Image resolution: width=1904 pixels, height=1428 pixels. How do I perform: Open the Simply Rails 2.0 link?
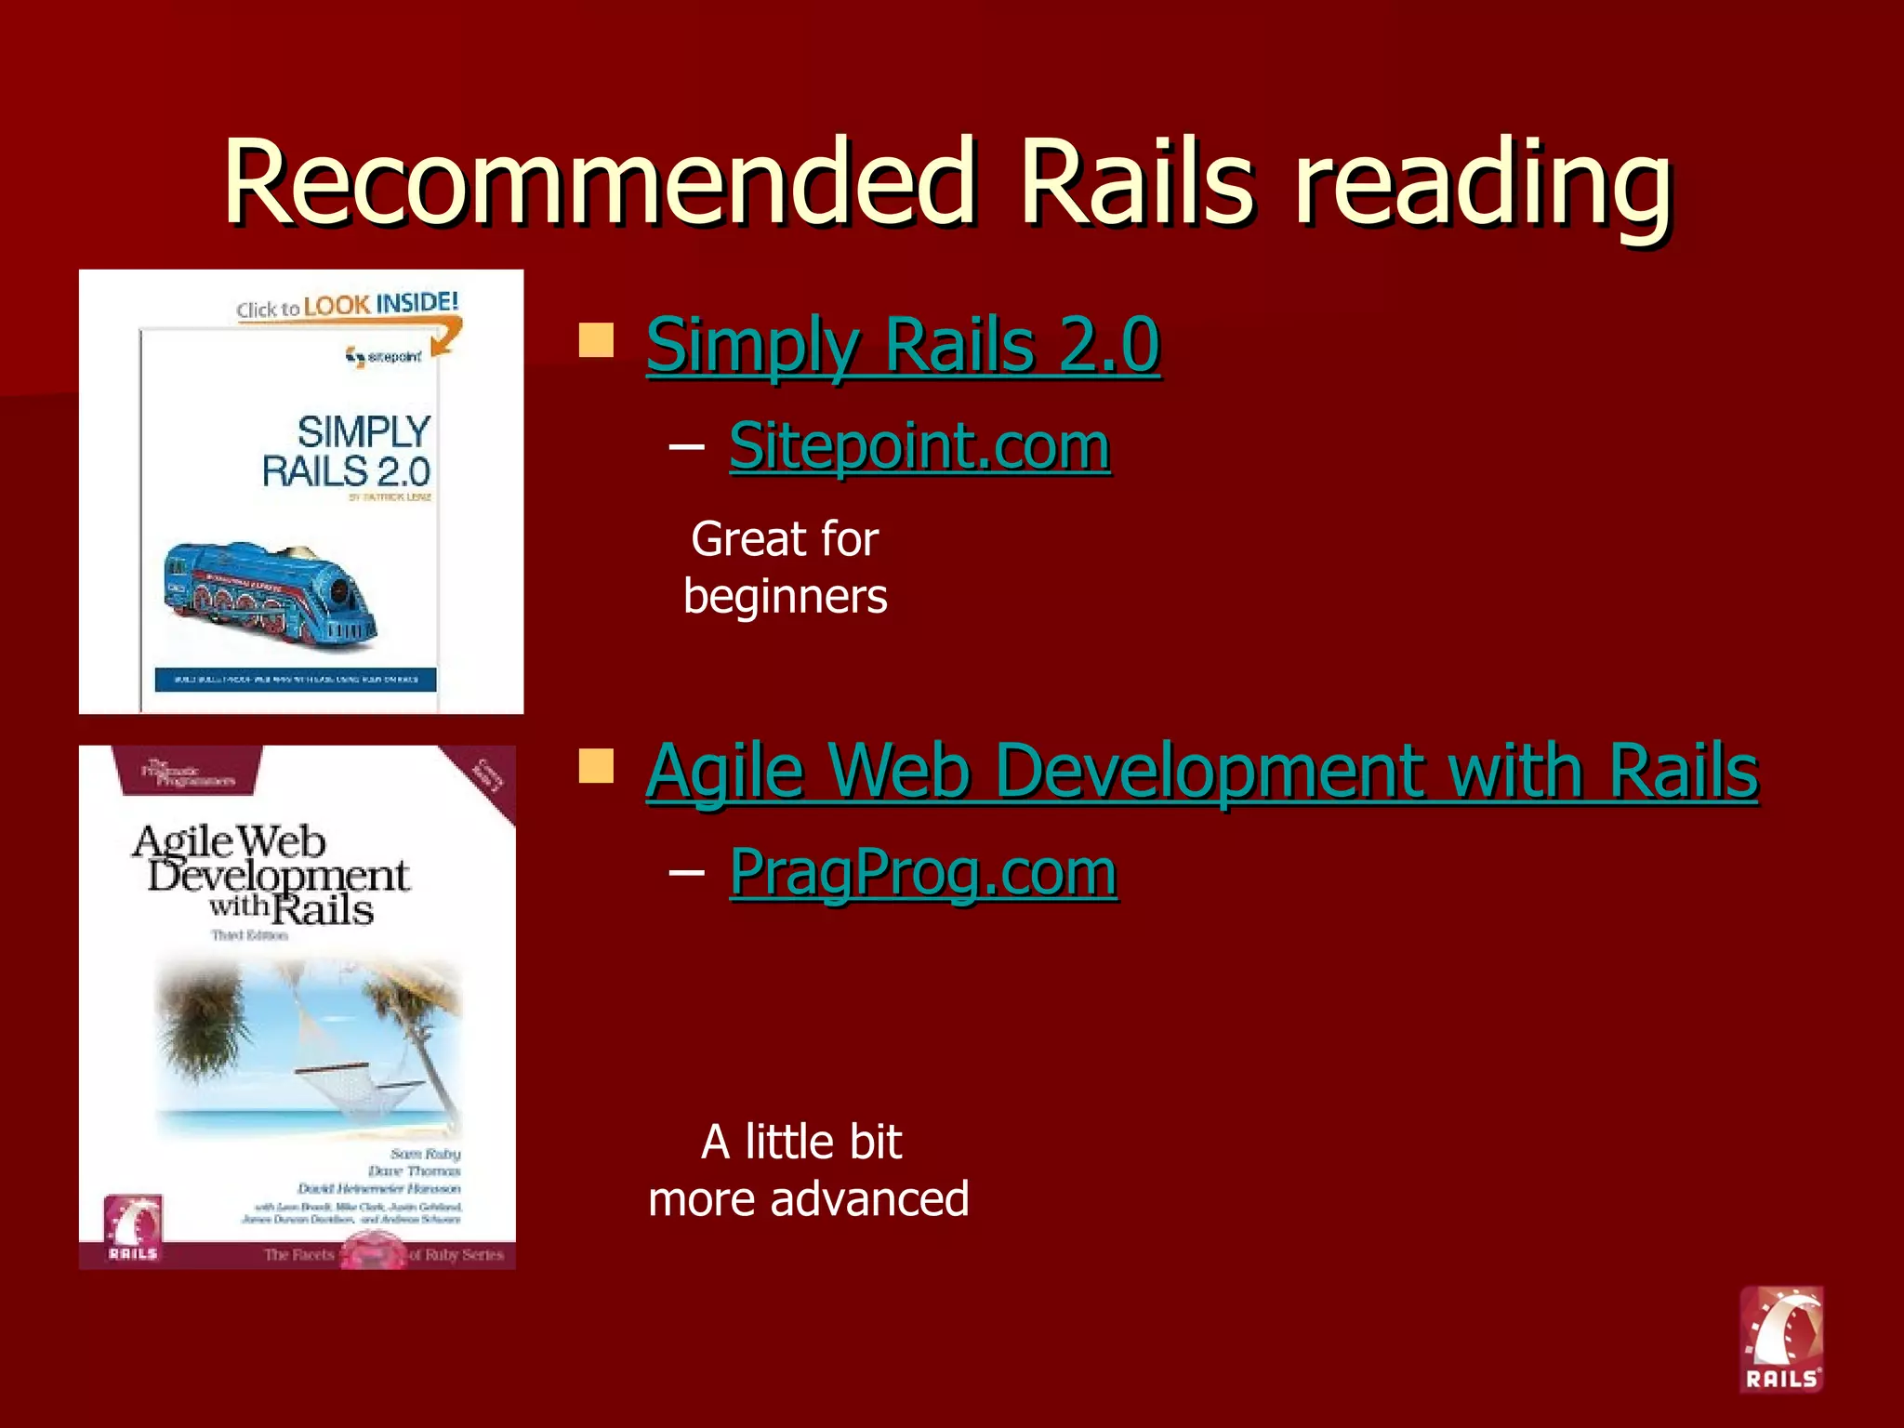pos(902,346)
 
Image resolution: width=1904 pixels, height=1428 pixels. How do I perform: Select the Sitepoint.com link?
pos(919,446)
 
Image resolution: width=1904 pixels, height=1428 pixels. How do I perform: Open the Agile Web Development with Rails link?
pos(1201,772)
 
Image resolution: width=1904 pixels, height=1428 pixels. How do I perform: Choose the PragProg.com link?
pos(922,872)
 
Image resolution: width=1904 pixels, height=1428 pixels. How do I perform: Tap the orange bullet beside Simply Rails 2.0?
pos(596,340)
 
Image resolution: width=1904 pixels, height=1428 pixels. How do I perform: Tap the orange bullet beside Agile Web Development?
pos(596,767)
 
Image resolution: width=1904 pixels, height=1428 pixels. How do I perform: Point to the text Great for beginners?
pos(786,567)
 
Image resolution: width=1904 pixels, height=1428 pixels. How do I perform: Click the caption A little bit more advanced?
pos(807,1170)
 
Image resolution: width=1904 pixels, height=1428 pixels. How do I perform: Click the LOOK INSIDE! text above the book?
pos(380,303)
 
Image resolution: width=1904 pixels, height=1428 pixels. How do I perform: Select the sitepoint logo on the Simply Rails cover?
pos(383,356)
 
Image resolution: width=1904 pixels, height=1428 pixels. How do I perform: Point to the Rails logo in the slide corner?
pos(1781,1339)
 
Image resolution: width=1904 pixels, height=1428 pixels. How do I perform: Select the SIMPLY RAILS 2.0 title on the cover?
pos(348,452)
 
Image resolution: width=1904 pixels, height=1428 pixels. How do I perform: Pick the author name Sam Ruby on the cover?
pos(425,1154)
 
